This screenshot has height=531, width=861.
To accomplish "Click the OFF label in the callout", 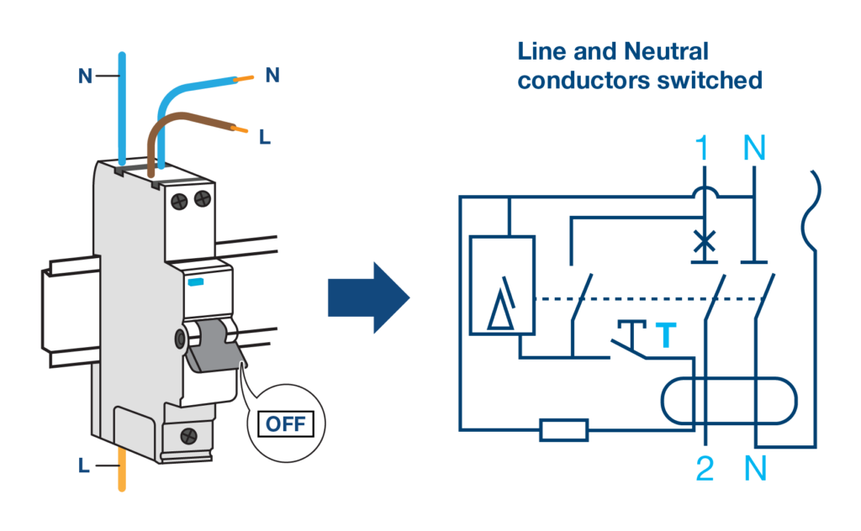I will (286, 423).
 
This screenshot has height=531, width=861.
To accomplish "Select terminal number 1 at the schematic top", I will (704, 150).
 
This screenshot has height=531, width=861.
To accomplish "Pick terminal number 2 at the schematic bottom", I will (705, 469).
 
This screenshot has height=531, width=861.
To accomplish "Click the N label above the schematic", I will (755, 150).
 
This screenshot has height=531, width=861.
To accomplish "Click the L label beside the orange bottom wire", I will (83, 465).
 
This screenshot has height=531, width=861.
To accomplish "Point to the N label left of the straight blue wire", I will (85, 76).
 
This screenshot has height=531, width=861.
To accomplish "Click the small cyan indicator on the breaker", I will (196, 283).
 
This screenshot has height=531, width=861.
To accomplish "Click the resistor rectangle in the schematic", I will (563, 431).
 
